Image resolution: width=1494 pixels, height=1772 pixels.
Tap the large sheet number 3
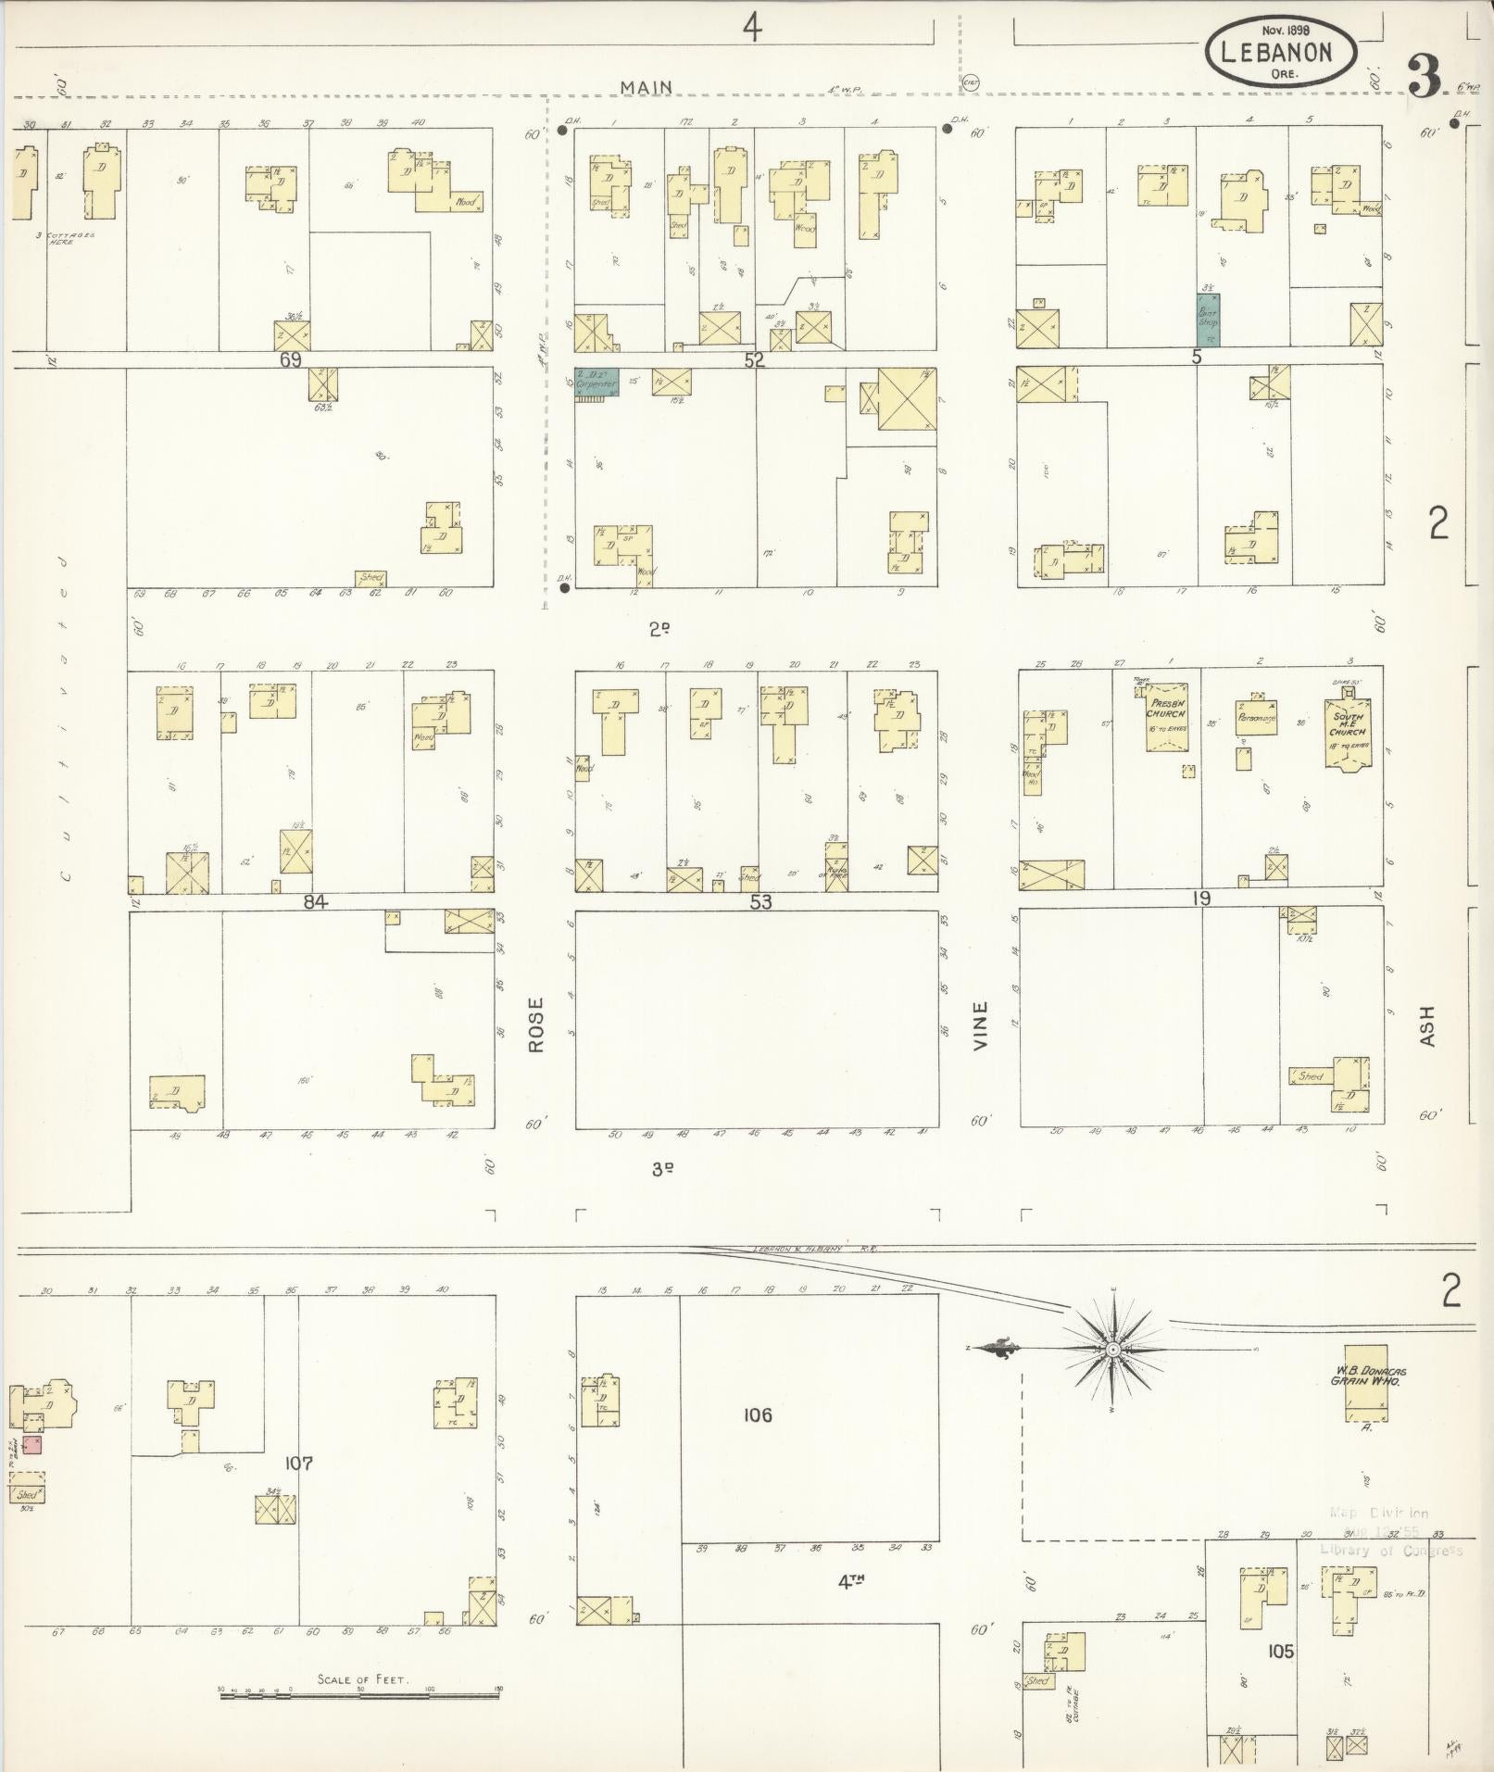(1424, 77)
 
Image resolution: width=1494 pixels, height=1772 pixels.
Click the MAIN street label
(646, 87)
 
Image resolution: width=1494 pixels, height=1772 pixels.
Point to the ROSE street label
(535, 1024)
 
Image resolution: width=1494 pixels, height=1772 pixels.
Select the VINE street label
(980, 1024)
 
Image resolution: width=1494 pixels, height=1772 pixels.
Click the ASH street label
(1426, 1025)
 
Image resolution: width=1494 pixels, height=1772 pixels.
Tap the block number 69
(291, 359)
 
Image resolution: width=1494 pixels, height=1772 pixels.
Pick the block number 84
(316, 901)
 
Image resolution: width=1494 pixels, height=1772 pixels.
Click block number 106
(757, 1414)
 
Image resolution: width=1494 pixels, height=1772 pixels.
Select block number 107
(298, 1464)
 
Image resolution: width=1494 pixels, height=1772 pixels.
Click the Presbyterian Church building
(1166, 716)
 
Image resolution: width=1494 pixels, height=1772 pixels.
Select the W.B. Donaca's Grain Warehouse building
(1366, 1383)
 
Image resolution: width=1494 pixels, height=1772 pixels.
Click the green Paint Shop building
(1208, 321)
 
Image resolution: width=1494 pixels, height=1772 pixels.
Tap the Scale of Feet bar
(361, 1690)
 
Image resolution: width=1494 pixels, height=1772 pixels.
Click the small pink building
(31, 1444)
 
